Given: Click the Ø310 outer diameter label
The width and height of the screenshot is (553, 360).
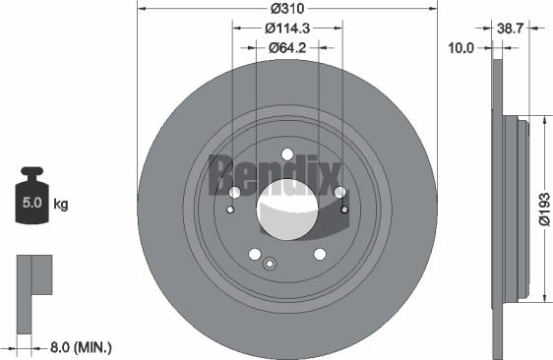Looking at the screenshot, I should point(286,9).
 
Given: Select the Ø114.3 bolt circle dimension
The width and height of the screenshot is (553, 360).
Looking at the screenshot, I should point(287,28).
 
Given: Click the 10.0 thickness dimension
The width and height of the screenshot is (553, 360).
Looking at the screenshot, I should point(461,46).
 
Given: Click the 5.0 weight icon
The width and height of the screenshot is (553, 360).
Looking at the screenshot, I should point(31,203).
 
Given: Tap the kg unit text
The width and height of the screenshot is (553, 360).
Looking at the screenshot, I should point(60,205).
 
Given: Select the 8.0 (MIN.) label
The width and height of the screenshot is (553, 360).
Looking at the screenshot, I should point(81,346).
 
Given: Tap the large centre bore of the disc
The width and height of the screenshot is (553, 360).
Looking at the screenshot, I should point(286,210).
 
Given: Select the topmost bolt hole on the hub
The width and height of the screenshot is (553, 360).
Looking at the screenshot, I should point(286,154).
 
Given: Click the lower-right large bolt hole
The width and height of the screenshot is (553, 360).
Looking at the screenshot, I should point(320,254).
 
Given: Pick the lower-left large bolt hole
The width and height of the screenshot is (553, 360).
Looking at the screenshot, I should point(254,254).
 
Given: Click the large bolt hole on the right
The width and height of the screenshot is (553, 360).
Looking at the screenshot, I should point(339,193).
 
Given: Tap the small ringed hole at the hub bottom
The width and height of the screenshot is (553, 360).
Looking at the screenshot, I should point(270,261).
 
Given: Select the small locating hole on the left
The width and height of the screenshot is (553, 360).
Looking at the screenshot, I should point(230,209).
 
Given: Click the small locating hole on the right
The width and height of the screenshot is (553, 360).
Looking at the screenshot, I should point(344,208).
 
